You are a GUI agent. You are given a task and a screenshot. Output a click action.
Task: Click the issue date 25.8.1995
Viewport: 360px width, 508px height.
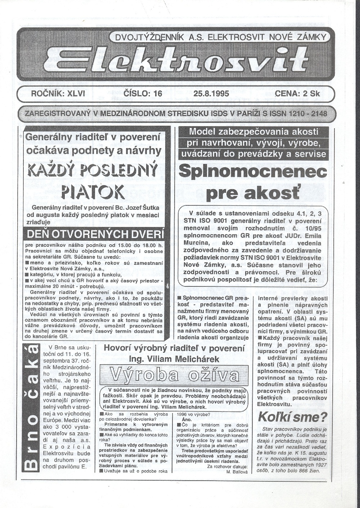point(211,94)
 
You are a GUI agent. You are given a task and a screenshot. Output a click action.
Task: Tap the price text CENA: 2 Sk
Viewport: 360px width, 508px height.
point(297,94)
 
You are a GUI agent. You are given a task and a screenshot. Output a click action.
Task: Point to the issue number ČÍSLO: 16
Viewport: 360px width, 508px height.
point(143,94)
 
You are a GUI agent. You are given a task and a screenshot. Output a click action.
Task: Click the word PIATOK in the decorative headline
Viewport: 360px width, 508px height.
point(93,192)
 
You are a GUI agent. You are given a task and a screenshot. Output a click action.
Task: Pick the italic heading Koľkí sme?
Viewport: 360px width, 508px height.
point(293,417)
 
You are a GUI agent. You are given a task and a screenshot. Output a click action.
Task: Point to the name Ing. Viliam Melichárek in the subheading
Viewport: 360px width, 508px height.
point(174,359)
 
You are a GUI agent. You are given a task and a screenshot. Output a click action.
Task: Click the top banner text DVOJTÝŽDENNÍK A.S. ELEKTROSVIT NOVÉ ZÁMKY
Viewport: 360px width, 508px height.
point(220,36)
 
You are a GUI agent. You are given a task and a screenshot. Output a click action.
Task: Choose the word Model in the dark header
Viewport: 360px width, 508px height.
point(202,132)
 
